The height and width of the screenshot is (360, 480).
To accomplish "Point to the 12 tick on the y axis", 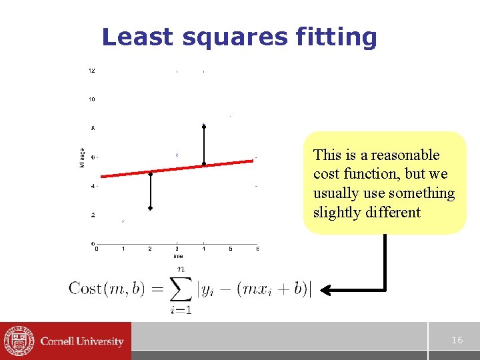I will [x=91, y=71].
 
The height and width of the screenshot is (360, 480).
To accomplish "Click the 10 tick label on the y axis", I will [x=91, y=99].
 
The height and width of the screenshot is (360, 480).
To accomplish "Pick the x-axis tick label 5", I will [x=231, y=249].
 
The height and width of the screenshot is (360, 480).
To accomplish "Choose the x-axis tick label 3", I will [x=177, y=249].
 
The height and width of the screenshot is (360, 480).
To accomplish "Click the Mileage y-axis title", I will [x=83, y=158].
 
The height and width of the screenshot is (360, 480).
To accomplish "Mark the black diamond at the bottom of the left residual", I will [x=151, y=209].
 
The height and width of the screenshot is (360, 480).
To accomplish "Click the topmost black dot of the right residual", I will [x=204, y=126].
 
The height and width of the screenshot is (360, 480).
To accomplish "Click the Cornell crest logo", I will [x=18, y=341].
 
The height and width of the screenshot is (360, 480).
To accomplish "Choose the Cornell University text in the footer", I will [x=82, y=341].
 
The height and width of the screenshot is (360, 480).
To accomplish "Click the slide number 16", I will [x=457, y=340].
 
